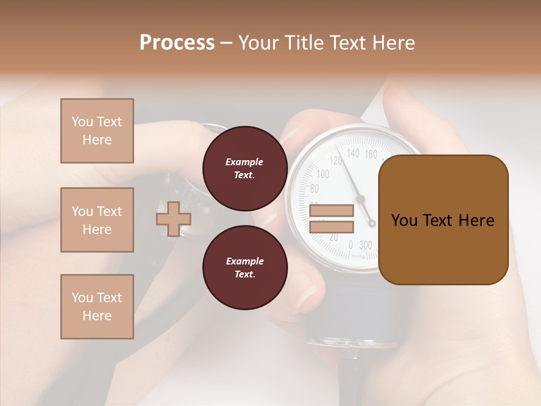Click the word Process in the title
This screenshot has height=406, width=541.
[177, 43]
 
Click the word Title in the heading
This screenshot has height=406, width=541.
[304, 43]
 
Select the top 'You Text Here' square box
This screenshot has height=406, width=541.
[97, 131]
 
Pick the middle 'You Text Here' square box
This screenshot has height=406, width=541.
[97, 220]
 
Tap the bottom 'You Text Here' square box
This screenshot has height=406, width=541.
[97, 307]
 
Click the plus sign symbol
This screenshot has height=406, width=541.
[173, 219]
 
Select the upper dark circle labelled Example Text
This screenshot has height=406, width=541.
[245, 169]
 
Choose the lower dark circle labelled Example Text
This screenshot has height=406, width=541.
[245, 268]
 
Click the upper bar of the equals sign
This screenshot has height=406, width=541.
[331, 211]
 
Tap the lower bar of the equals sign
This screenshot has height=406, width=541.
[331, 227]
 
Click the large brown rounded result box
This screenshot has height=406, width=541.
[443, 220]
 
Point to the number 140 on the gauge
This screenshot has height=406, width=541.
[353, 153]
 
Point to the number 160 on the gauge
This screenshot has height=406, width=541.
[371, 154]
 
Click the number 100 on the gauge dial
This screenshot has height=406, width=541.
[323, 174]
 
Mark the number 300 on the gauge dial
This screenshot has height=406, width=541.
[365, 245]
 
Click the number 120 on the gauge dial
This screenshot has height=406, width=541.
[336, 161]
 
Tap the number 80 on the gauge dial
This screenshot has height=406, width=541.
[314, 189]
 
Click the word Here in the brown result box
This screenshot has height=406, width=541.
[476, 220]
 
